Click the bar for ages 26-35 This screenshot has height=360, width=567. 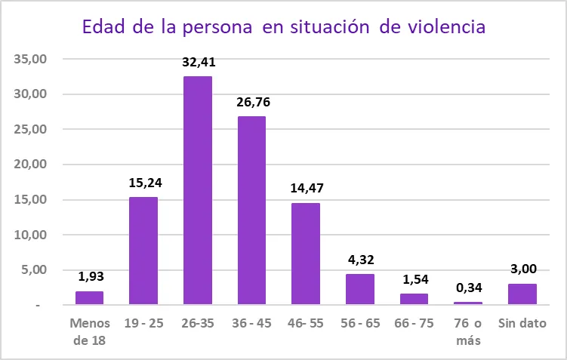(198, 190)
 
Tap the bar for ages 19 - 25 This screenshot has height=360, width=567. (143, 251)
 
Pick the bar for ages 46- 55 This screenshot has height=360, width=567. (306, 254)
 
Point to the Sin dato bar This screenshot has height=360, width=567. (522, 294)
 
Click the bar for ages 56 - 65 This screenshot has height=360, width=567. (360, 289)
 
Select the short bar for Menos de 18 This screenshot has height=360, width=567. (89, 297)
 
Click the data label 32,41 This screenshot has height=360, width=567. (198, 62)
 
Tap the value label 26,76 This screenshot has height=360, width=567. (251, 102)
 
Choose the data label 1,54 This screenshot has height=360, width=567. (414, 278)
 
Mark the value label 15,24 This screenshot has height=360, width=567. (143, 182)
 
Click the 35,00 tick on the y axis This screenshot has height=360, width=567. (31, 59)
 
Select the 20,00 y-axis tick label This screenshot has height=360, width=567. (31, 165)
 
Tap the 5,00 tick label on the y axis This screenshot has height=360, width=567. (34, 270)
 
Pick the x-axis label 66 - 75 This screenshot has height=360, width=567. (414, 323)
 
